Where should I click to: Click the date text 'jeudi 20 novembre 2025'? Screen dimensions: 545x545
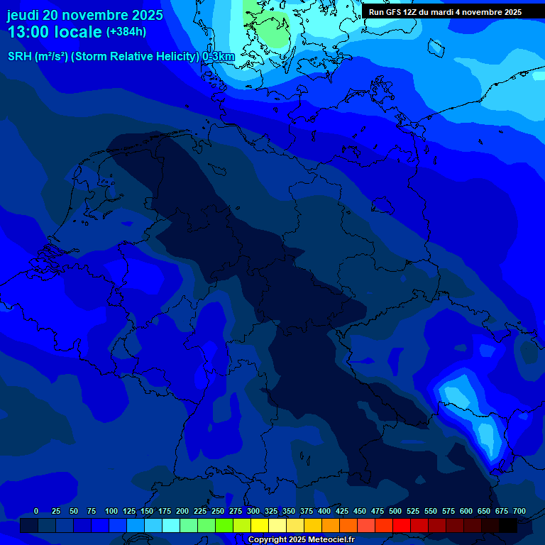click(x=85, y=15)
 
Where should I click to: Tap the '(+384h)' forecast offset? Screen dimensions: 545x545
click(x=126, y=32)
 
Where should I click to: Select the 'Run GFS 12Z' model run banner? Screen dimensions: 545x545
click(x=445, y=12)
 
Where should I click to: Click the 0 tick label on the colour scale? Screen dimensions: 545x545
click(x=36, y=511)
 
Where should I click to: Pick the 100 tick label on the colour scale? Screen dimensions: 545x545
click(x=111, y=511)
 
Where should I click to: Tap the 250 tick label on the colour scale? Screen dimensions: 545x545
click(x=218, y=511)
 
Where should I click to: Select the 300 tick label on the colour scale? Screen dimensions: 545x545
click(x=253, y=511)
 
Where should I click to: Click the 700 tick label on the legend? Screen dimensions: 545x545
click(x=519, y=511)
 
